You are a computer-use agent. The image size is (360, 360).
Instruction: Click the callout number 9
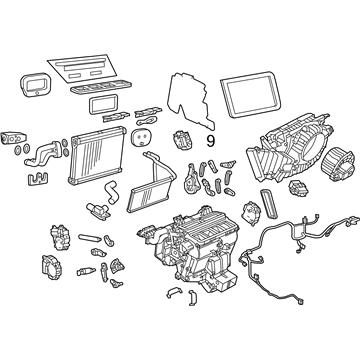(210, 141)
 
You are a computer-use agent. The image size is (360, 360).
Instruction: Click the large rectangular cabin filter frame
(251, 94)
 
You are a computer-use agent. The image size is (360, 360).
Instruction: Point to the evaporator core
(97, 155)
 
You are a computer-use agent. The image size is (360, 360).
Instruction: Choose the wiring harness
(293, 253)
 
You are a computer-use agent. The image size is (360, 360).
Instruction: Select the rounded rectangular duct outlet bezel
(36, 85)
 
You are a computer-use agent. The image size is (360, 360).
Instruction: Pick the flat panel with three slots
(83, 69)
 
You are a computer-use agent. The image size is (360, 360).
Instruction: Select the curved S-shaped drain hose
(111, 192)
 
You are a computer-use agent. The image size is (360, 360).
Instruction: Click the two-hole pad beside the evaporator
(141, 137)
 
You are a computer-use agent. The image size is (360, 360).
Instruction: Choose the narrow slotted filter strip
(269, 203)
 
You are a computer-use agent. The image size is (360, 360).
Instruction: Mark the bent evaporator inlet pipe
(43, 154)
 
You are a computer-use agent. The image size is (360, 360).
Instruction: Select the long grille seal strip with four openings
(101, 87)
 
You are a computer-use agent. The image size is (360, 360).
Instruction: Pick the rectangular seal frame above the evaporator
(103, 104)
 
